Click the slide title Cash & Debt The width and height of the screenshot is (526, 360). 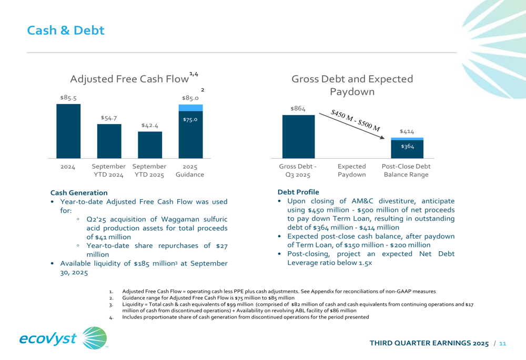(66, 30)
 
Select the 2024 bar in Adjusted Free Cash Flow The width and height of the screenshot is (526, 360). (68, 131)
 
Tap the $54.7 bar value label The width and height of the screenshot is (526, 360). (109, 118)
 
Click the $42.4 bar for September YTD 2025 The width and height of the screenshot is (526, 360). (150, 145)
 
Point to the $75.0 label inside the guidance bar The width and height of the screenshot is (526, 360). (190, 120)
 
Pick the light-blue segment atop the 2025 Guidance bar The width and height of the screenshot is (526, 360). (190, 108)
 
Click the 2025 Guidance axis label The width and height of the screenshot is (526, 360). (190, 170)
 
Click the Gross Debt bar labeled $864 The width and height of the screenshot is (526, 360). (298, 136)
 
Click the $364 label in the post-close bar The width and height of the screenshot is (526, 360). (407, 147)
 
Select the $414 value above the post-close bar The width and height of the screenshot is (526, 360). (407, 131)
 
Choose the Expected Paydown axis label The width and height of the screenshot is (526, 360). (352, 170)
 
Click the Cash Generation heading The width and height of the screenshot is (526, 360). (79, 193)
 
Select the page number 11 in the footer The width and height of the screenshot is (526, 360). (502, 343)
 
